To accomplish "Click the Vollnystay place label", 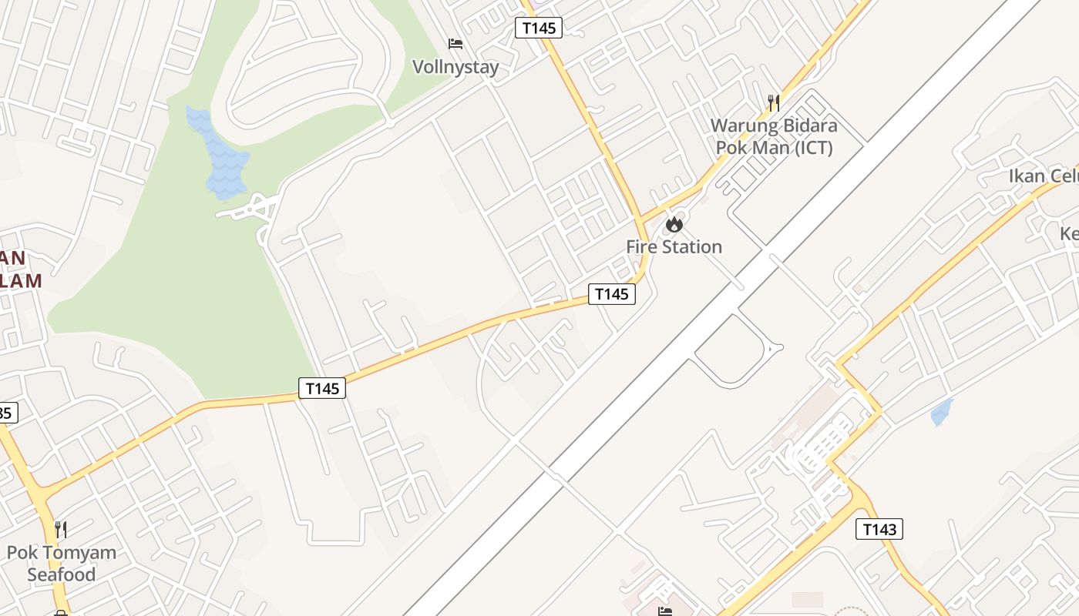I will (x=455, y=67).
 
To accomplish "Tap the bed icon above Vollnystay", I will (x=455, y=44).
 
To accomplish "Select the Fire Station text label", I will (x=674, y=247).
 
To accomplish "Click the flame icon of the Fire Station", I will (x=674, y=225).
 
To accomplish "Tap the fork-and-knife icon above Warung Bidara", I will (x=774, y=102).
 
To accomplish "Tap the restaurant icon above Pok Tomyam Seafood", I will (x=61, y=530).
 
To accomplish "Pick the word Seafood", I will (x=62, y=574).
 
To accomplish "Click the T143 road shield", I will (x=879, y=529).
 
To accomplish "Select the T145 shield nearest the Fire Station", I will (x=612, y=294).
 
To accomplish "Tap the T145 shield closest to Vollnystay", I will (x=538, y=28).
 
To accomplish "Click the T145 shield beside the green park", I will (x=322, y=388).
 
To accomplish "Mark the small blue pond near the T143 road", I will (x=942, y=412).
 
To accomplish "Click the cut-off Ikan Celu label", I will (x=1044, y=176).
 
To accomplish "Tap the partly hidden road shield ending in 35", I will (x=6, y=413).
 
